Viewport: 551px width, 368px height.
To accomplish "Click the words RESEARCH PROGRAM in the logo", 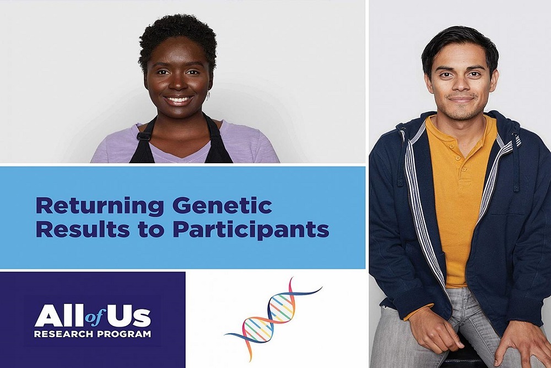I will tap(92, 334).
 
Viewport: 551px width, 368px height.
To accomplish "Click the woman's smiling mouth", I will tap(179, 101).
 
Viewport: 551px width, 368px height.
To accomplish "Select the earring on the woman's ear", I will tap(208, 94).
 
